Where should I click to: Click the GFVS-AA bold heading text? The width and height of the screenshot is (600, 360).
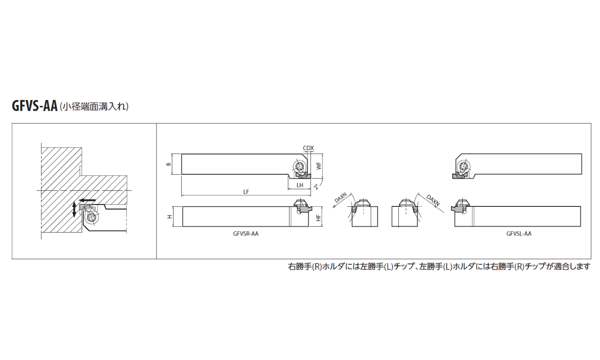tap(35, 106)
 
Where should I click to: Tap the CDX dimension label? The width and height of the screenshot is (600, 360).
tap(308, 148)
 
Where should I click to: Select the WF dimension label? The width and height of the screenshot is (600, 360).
tap(318, 166)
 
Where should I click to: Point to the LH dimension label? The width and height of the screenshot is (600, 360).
tap(300, 185)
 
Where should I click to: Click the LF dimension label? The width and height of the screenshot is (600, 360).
tap(246, 192)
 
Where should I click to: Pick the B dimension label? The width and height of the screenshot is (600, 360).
tap(168, 164)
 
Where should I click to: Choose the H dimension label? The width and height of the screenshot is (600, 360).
tap(169, 216)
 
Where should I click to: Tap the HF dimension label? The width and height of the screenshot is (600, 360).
tap(318, 218)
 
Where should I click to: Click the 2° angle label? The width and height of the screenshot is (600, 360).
tap(317, 186)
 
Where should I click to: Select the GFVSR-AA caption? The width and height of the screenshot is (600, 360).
tap(246, 234)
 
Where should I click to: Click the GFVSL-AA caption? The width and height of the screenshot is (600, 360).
tap(519, 234)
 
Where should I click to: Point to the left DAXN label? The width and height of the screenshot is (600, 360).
tap(340, 198)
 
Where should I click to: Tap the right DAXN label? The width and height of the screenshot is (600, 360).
tap(433, 200)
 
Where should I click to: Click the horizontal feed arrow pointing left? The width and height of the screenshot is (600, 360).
tap(87, 200)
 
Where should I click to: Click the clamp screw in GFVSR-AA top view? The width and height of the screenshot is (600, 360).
tap(299, 167)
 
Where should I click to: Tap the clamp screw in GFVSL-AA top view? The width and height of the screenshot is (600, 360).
tap(463, 167)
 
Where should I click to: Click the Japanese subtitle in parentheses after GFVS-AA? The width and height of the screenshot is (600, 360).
tap(94, 107)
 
